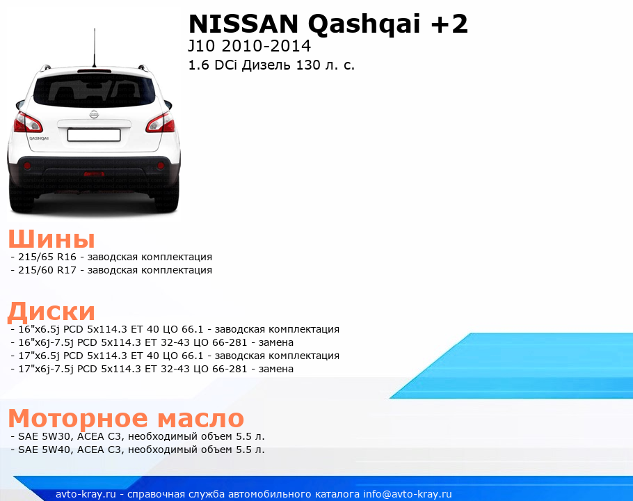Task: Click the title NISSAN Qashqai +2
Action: click(x=328, y=24)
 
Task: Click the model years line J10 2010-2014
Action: click(x=250, y=46)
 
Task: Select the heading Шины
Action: click(x=51, y=239)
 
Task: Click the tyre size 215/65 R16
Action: click(x=47, y=257)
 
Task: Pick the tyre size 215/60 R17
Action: click(x=47, y=270)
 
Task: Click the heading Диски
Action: click(x=51, y=312)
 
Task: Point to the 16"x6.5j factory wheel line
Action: click(x=179, y=329)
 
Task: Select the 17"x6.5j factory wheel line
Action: click(x=179, y=356)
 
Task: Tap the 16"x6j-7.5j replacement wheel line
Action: click(x=156, y=342)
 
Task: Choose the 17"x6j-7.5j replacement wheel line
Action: click(x=156, y=369)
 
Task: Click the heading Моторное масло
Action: click(x=126, y=418)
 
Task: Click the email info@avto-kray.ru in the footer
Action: click(x=408, y=494)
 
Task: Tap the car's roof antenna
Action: click(x=95, y=47)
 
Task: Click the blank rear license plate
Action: click(x=94, y=135)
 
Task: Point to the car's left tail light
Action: click(x=27, y=122)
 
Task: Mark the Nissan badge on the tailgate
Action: click(x=94, y=114)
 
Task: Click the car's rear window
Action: click(x=94, y=90)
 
